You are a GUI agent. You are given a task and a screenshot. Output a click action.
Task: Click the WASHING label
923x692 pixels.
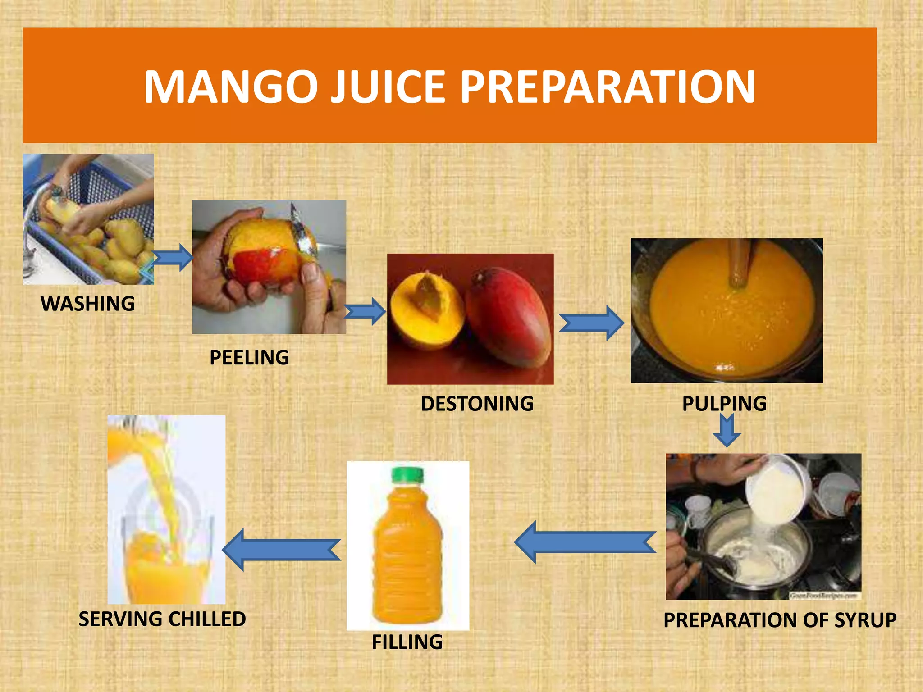click(88, 304)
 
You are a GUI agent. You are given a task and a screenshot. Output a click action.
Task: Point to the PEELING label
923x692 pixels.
click(249, 358)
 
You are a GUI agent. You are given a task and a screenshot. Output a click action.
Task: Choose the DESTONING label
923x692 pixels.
click(477, 404)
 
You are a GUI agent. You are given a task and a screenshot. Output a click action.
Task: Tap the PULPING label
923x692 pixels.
click(724, 404)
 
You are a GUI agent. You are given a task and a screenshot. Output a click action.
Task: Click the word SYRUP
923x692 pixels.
click(865, 620)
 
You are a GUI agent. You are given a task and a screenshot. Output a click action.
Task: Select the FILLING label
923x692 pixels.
click(407, 642)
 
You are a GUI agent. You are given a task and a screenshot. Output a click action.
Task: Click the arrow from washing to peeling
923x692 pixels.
click(173, 258)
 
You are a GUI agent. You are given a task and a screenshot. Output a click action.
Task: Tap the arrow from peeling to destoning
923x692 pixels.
click(365, 311)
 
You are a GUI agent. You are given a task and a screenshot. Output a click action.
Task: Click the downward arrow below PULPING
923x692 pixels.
click(727, 430)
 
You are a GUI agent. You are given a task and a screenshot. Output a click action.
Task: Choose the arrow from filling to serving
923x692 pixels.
click(282, 550)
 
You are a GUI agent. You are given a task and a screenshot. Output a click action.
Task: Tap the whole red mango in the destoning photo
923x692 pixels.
click(509, 315)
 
